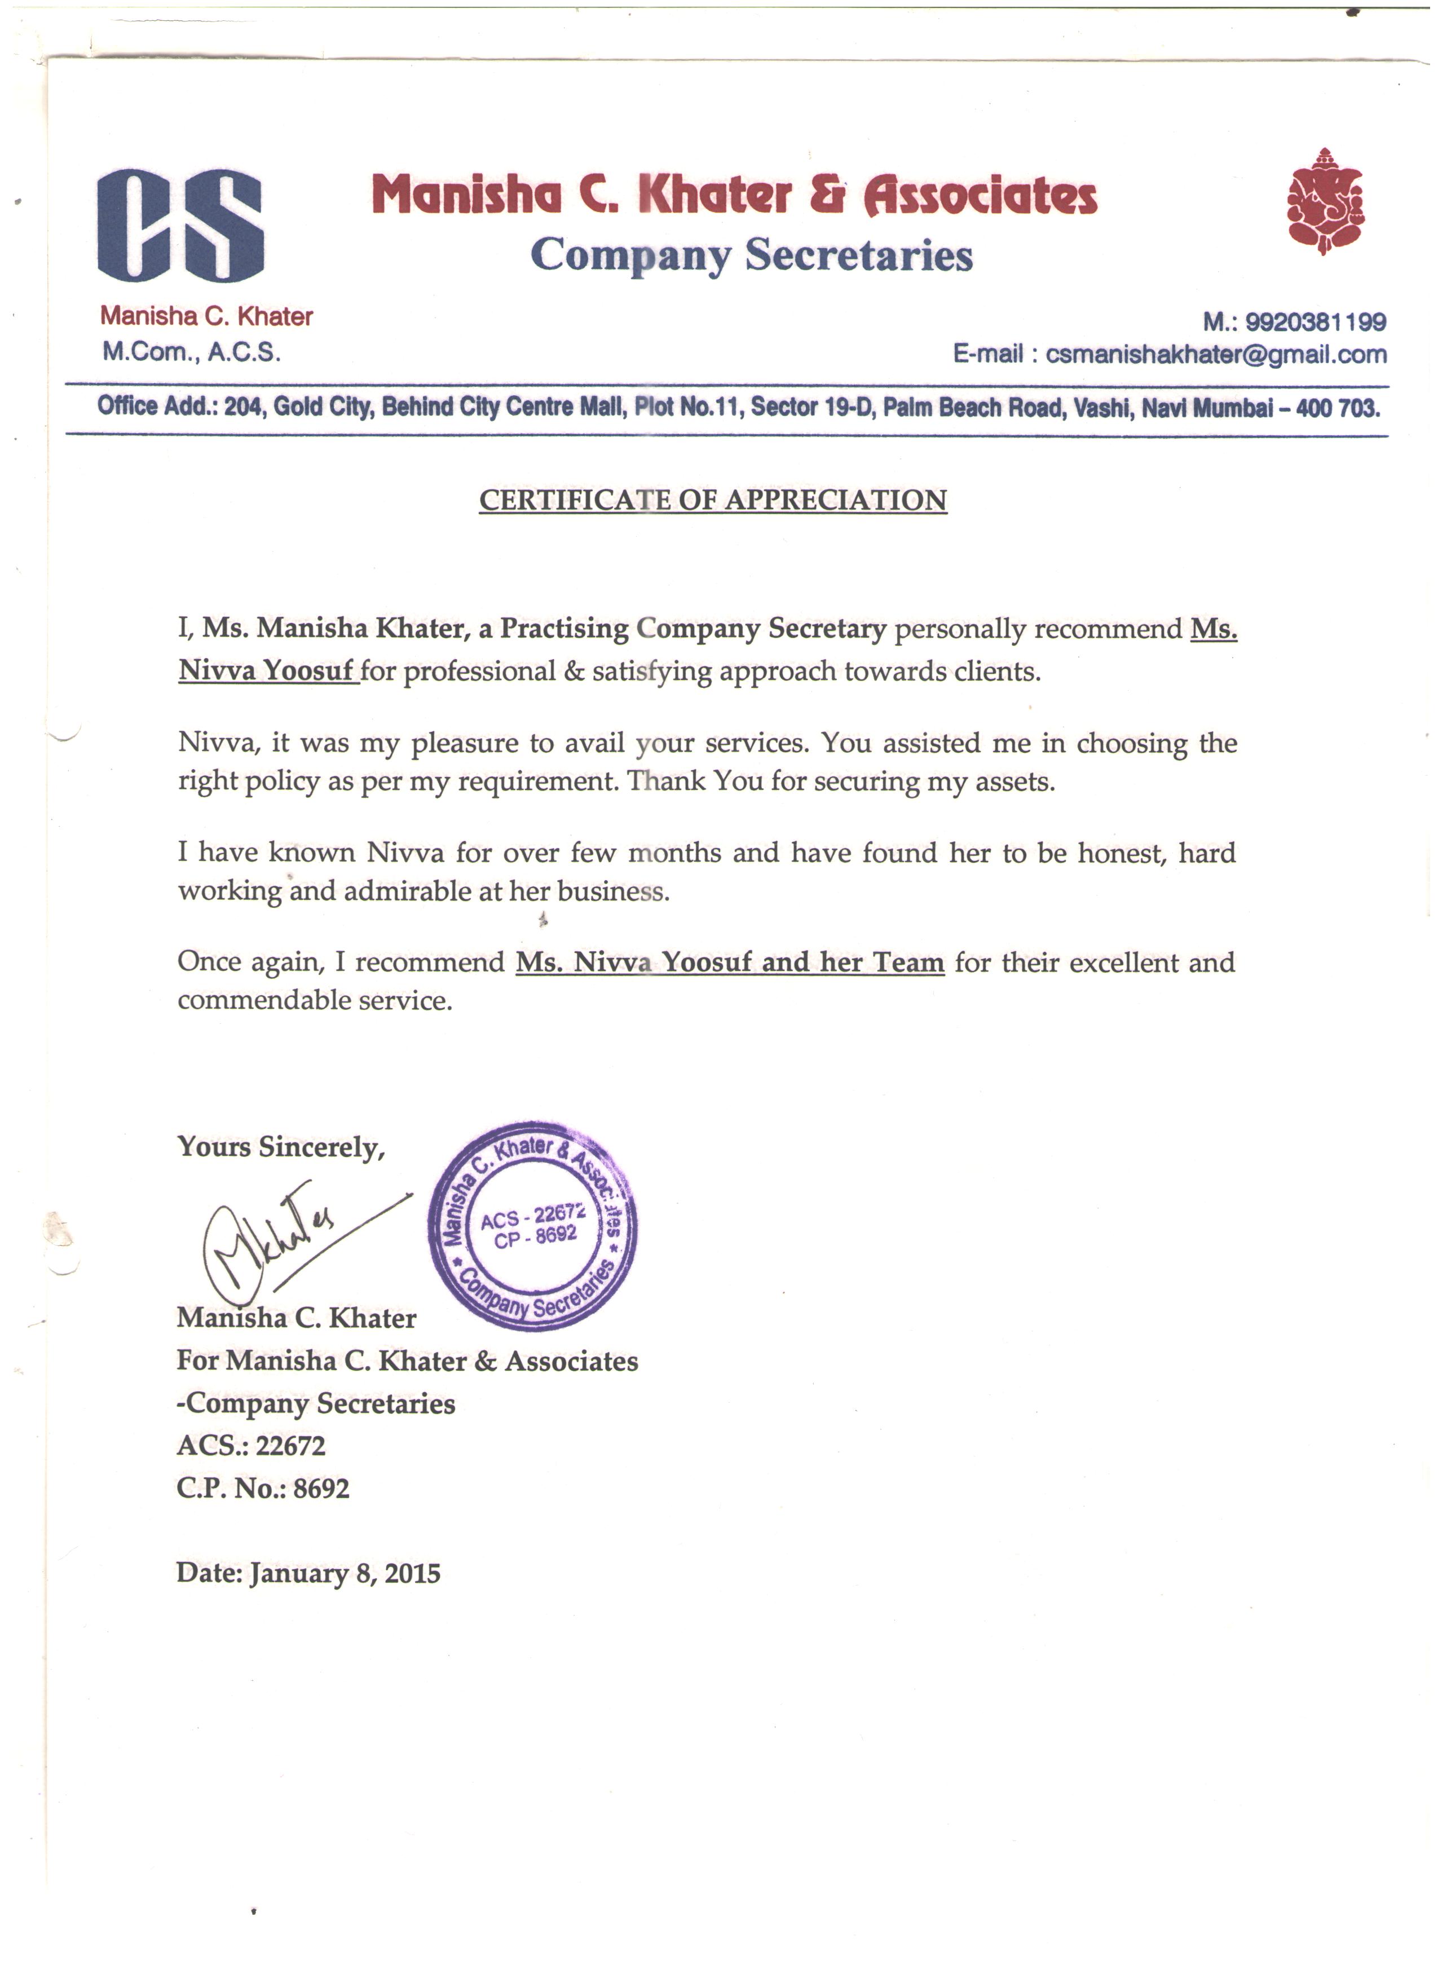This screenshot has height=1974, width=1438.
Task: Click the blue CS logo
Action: [x=180, y=226]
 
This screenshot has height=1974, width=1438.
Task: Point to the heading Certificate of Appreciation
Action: [x=713, y=501]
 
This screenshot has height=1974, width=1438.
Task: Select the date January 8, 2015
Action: [x=345, y=1574]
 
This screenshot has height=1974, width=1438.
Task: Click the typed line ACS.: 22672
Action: [x=251, y=1446]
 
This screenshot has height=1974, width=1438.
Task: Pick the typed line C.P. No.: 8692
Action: [x=263, y=1489]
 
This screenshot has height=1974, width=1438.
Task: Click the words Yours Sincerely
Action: [x=280, y=1147]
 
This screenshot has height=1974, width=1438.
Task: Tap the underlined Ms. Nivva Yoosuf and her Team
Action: [x=730, y=962]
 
